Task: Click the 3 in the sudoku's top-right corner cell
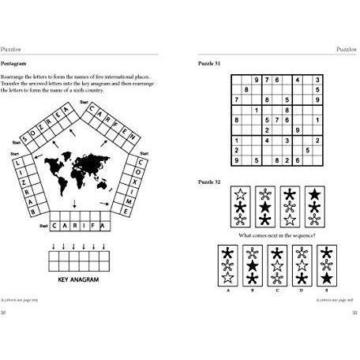click(317, 80)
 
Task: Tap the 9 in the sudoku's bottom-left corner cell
click(235, 160)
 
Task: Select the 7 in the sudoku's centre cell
click(276, 120)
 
